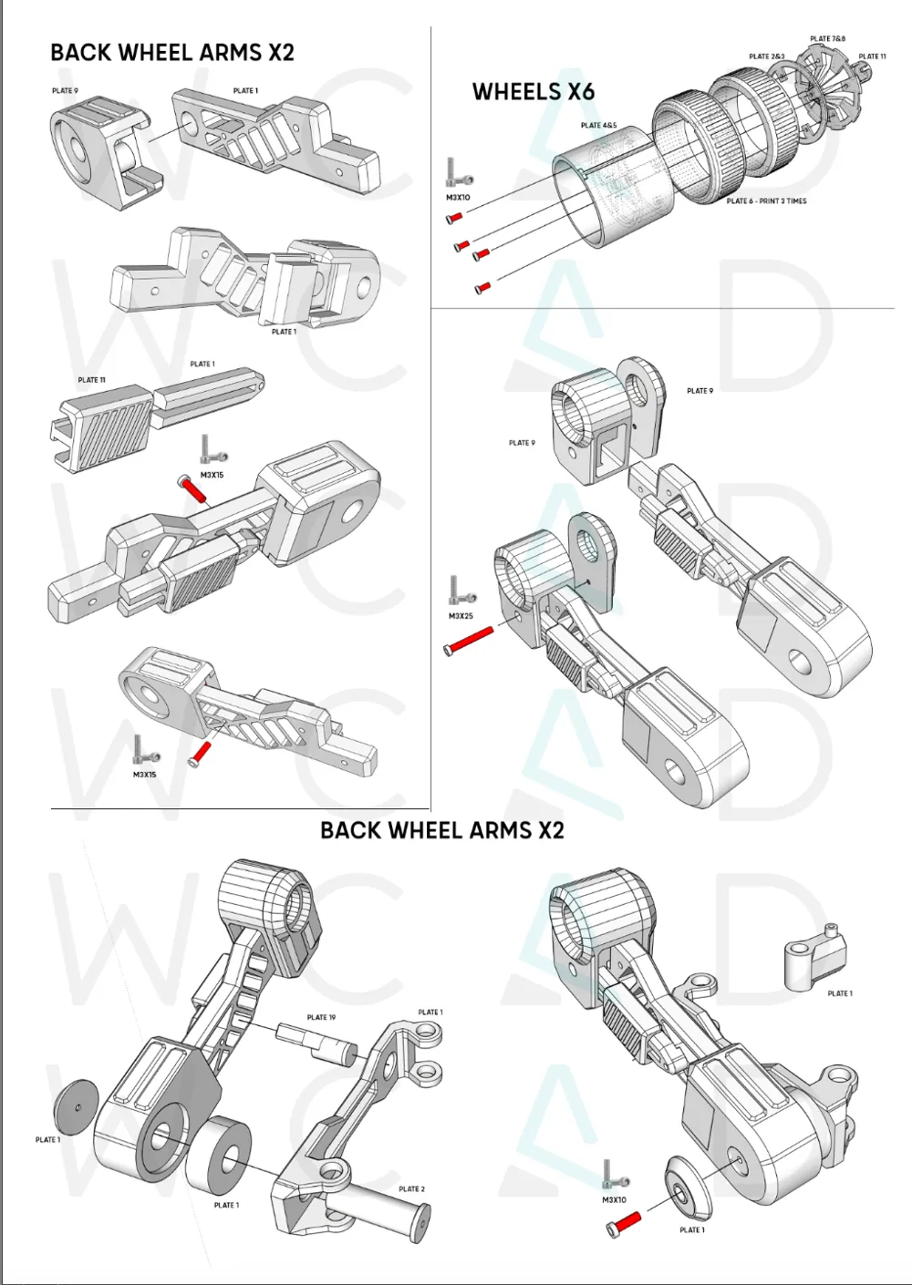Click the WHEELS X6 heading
(534, 92)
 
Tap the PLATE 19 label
(321, 1017)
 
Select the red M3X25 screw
(469, 640)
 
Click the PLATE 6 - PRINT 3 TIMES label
(766, 200)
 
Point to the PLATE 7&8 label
(827, 38)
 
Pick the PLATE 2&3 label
(767, 57)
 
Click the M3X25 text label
(461, 616)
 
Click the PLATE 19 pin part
(316, 1041)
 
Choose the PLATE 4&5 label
(598, 125)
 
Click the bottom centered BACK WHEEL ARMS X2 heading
(442, 830)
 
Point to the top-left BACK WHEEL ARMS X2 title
(172, 52)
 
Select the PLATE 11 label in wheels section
(873, 57)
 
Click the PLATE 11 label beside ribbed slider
(92, 380)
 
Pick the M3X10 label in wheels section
(458, 198)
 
